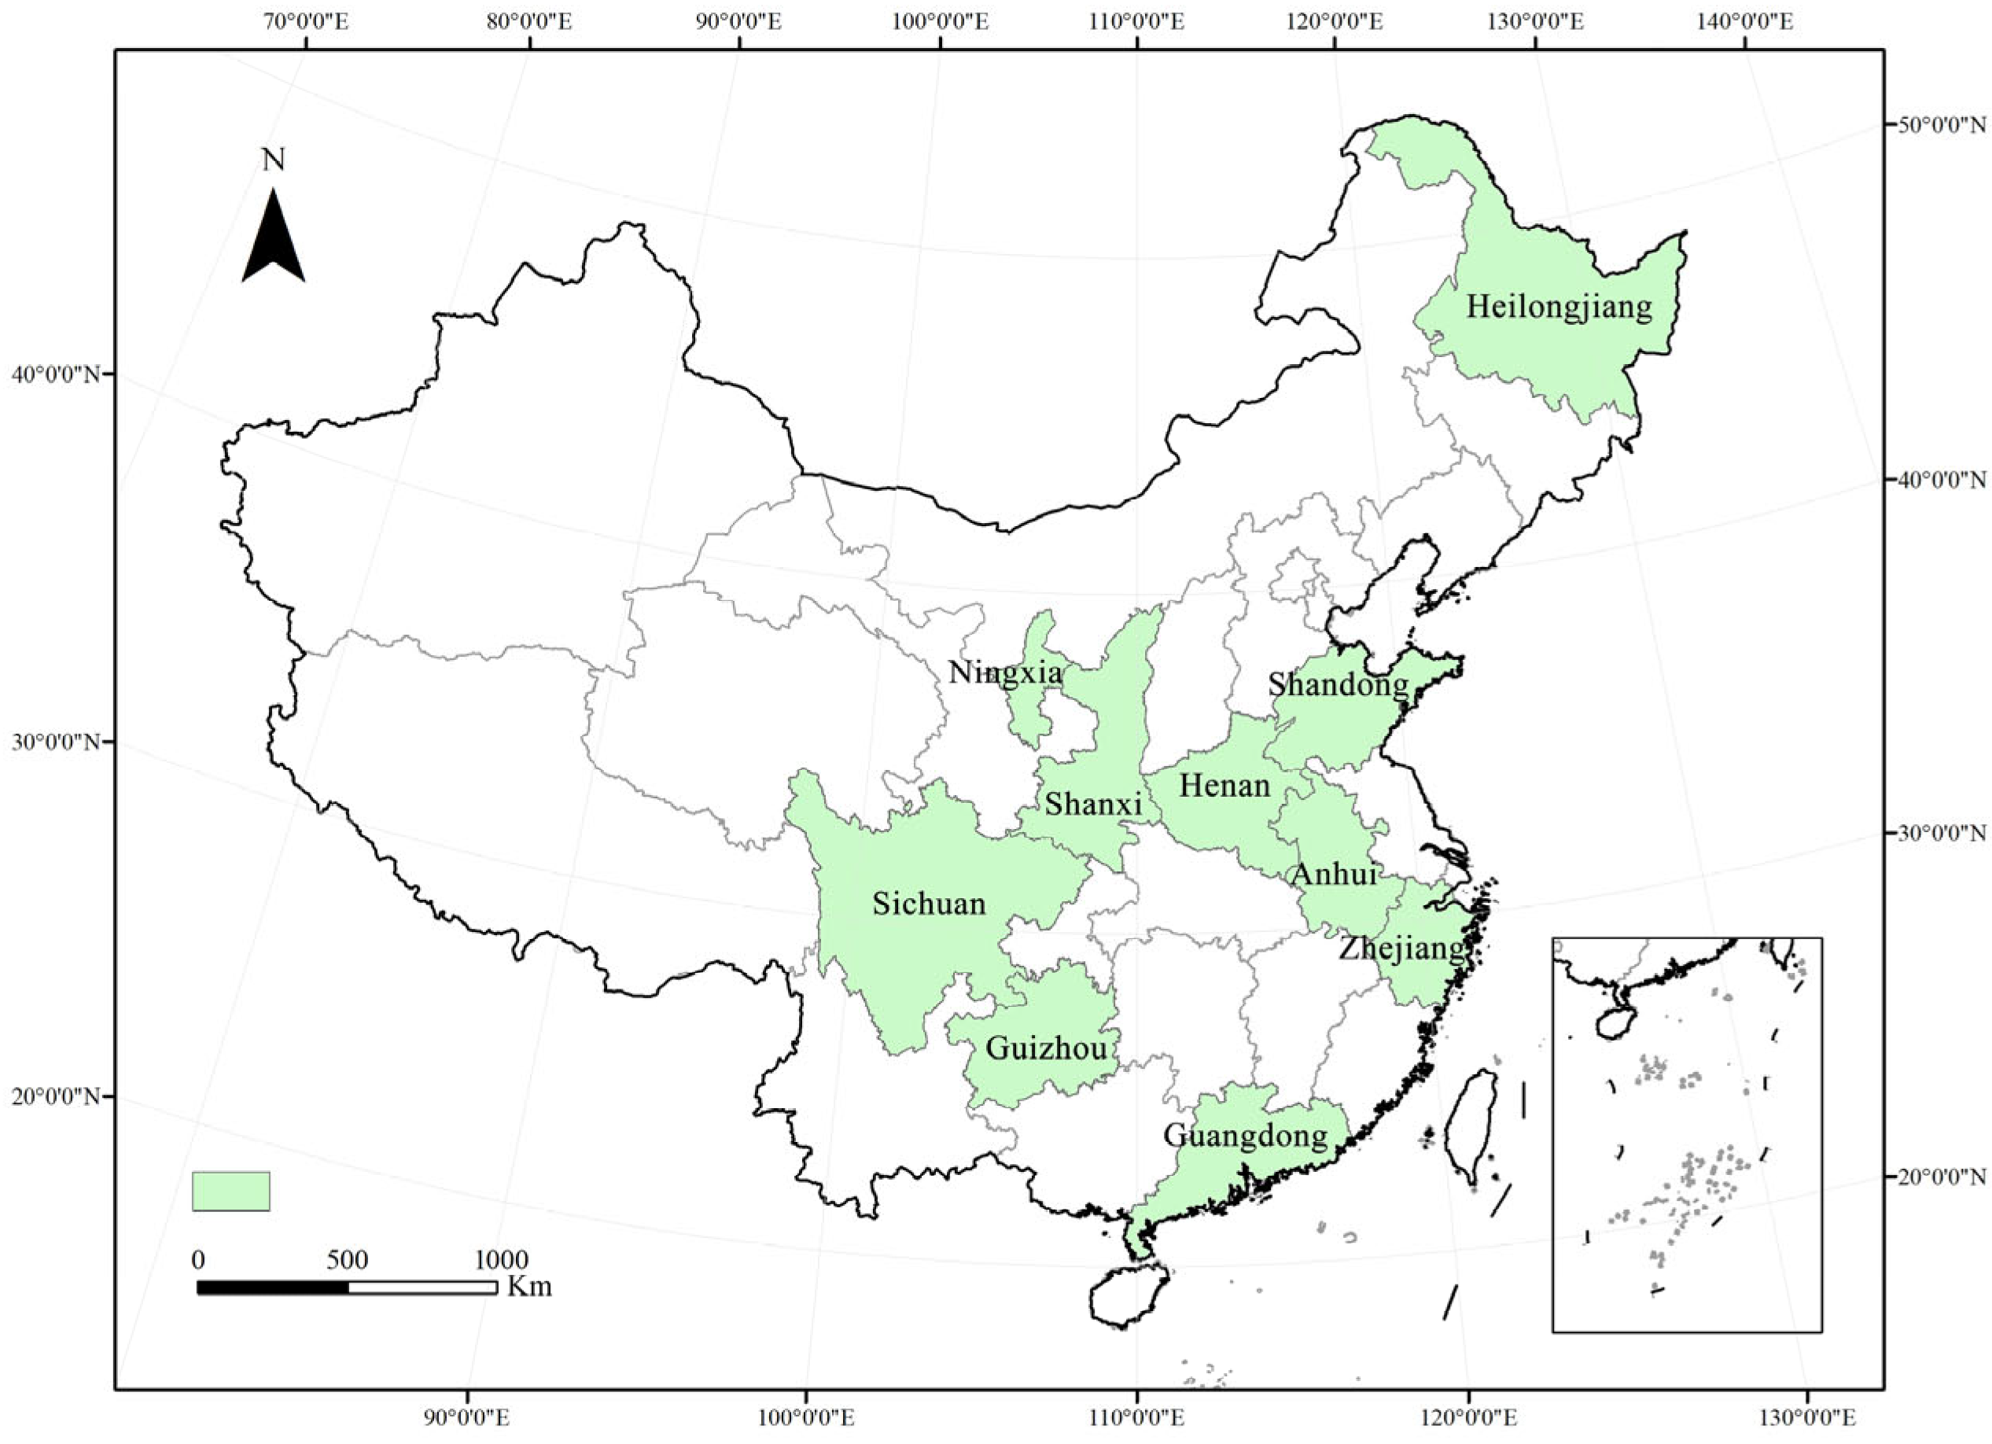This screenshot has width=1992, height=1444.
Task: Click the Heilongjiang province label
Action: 1559,308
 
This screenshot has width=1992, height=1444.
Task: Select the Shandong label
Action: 1338,685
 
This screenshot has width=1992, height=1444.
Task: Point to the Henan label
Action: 1224,785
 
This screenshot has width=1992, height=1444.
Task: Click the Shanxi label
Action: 1092,804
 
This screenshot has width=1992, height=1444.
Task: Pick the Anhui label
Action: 1332,875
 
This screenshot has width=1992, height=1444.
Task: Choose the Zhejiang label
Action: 1401,949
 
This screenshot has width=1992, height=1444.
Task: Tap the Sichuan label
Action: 929,904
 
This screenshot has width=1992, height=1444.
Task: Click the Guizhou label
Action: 1045,1048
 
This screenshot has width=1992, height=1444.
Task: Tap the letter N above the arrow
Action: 273,160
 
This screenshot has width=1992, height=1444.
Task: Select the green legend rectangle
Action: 231,1191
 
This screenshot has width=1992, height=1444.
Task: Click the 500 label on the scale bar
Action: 347,1259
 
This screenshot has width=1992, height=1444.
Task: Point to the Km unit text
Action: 529,1287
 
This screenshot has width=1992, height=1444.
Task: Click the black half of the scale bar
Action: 272,1287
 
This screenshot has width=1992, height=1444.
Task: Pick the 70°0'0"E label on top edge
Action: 306,21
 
